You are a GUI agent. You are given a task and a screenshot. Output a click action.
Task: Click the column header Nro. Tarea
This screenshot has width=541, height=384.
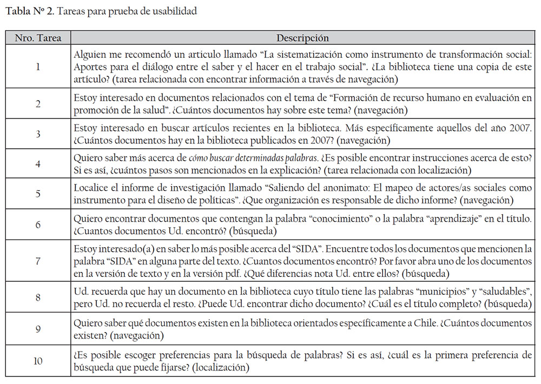tap(38, 38)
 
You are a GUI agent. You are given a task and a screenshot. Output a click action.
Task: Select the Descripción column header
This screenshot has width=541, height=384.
tap(302, 38)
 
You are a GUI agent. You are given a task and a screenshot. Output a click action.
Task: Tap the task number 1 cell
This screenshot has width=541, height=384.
tap(38, 67)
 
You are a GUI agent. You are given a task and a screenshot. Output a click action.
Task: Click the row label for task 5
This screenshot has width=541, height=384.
tap(38, 194)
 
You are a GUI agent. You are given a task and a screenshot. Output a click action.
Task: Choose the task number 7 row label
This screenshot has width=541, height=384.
tap(38, 261)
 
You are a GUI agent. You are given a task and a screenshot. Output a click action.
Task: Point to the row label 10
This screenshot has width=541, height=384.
tap(38, 361)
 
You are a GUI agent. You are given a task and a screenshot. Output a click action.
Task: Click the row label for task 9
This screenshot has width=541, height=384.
tap(38, 329)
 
